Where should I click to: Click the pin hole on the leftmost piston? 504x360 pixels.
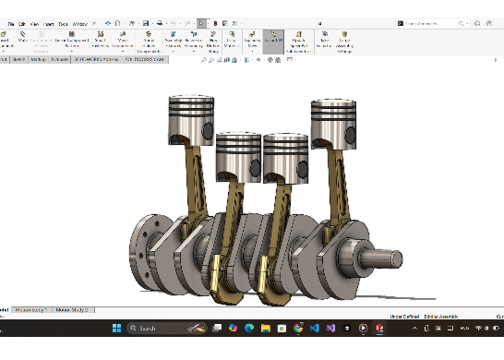point(210,128)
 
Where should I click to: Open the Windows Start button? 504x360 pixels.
point(117,328)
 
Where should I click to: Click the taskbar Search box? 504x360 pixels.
point(157,328)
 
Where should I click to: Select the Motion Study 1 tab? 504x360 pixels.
point(32,310)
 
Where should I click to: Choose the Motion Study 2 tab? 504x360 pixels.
point(74,310)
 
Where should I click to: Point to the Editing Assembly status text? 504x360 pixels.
point(439,317)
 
